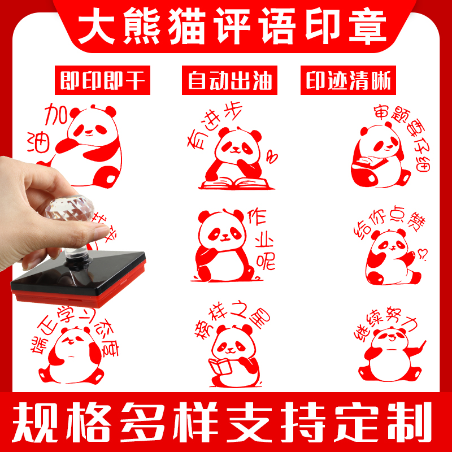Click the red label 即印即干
click(x=103, y=81)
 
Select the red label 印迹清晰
click(x=349, y=81)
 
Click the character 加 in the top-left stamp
click(x=56, y=116)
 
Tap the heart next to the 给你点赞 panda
click(x=420, y=253)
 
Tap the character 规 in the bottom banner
click(x=35, y=421)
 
